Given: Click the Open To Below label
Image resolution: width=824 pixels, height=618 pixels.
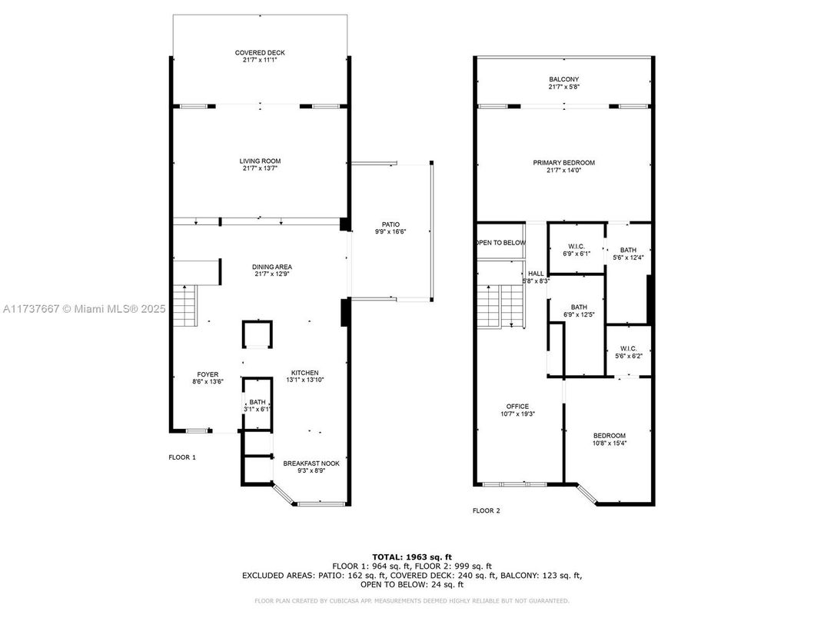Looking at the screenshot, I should (500, 243).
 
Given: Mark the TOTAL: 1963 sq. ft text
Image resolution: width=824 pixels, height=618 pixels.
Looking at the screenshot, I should (411, 556).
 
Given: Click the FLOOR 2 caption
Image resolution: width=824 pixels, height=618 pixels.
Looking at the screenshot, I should (486, 510).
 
